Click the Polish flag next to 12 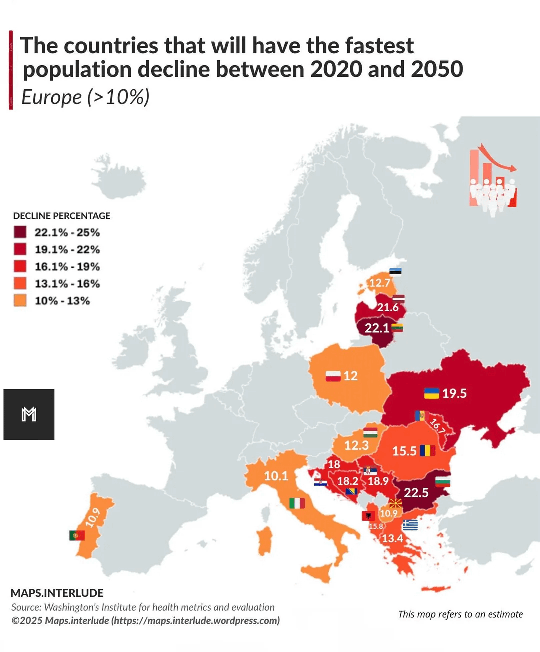(x=333, y=376)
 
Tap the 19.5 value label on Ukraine (x=454, y=393)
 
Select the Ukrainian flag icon (x=431, y=393)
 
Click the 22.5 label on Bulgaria (x=416, y=493)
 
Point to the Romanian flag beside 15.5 (x=427, y=450)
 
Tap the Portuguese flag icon (x=77, y=535)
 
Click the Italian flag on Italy (x=297, y=503)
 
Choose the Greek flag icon (x=410, y=525)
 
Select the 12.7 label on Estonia (x=380, y=283)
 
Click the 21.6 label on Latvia (x=388, y=307)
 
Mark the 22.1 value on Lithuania (x=377, y=328)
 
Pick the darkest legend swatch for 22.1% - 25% (x=20, y=232)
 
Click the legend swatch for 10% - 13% (x=20, y=300)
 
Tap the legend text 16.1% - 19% (x=67, y=266)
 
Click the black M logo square (x=29, y=414)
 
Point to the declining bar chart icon (x=492, y=180)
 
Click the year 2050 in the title (x=437, y=69)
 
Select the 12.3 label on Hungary (x=356, y=445)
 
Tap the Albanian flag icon (x=368, y=516)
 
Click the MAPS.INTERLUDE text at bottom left (x=57, y=593)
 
